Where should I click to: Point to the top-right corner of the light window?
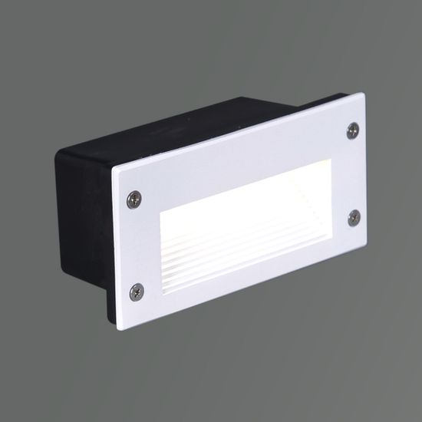coord(330,145)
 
